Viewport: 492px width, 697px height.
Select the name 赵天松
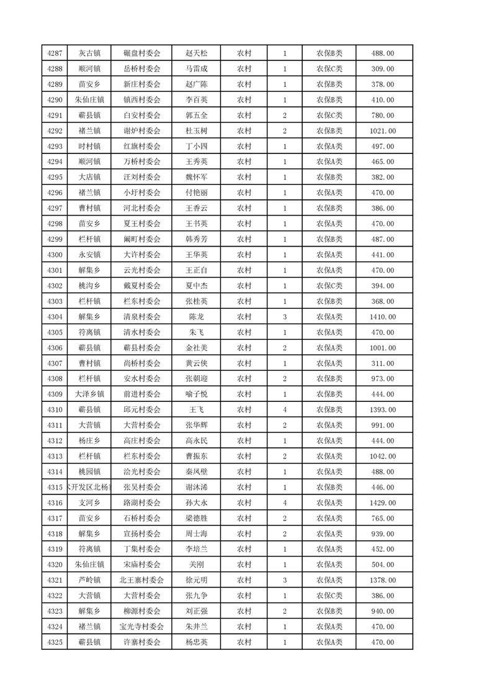[197, 53]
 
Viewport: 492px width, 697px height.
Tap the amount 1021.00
[382, 131]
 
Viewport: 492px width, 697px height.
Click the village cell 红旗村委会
[141, 147]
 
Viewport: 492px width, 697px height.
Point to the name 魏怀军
[197, 178]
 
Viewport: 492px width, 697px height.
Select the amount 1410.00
[382, 317]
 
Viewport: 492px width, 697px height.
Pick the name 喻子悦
[197, 394]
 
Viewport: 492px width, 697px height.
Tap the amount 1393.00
[382, 409]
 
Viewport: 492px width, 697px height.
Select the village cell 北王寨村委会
[141, 580]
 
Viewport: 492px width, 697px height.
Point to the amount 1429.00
[382, 503]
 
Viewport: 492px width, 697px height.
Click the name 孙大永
[197, 503]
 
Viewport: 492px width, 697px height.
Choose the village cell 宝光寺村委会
[141, 626]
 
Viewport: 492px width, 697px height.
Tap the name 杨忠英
[197, 642]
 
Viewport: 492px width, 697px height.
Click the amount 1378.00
[382, 580]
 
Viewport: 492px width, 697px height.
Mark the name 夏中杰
[197, 286]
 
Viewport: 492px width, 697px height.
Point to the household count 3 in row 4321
[284, 580]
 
